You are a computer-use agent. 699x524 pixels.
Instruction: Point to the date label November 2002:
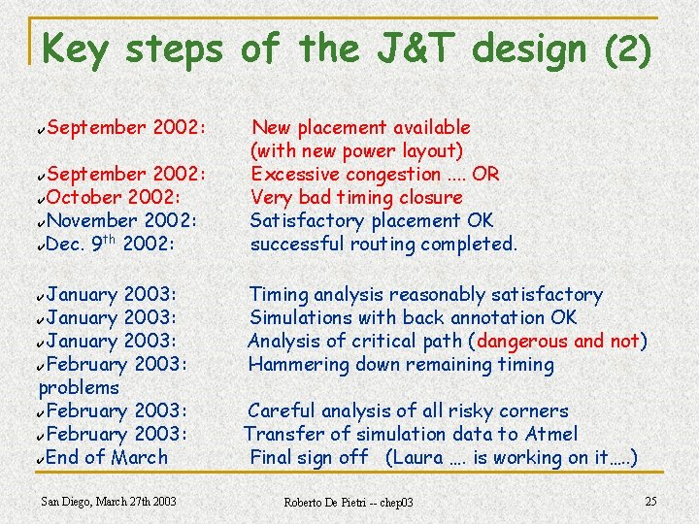click(x=122, y=220)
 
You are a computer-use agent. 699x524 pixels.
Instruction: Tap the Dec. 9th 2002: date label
click(x=111, y=244)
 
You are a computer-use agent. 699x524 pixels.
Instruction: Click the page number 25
click(x=650, y=501)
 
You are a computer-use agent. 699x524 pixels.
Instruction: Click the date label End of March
click(x=107, y=457)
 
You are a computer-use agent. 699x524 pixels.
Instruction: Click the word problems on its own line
click(x=79, y=387)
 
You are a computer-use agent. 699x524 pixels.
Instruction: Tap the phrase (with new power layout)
click(x=356, y=150)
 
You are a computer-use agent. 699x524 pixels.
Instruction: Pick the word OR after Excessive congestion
click(x=485, y=174)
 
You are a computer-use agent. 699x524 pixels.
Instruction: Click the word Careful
click(x=282, y=410)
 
